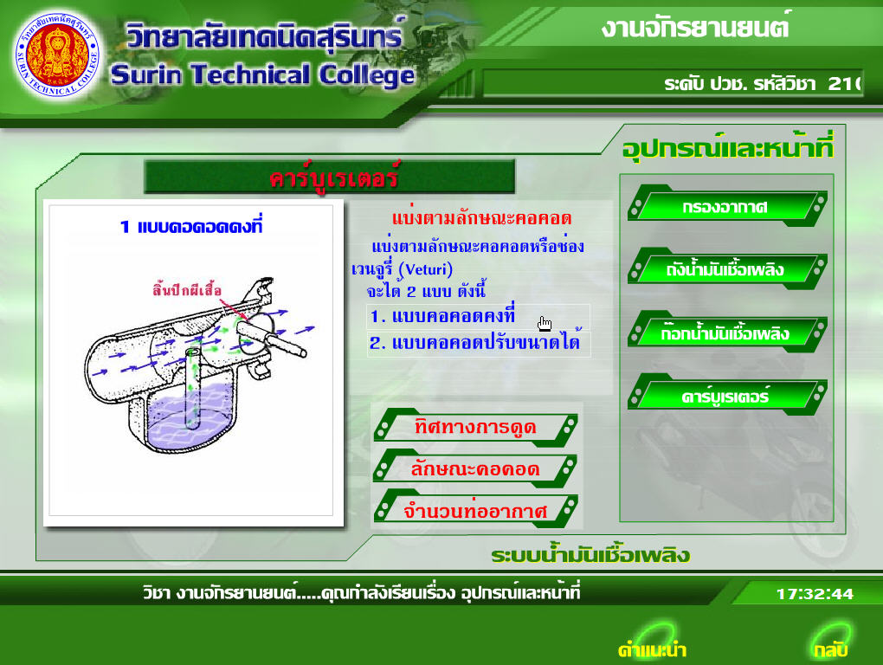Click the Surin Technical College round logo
(x=57, y=55)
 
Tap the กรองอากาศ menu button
(x=726, y=207)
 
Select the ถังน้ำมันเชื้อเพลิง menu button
(x=726, y=269)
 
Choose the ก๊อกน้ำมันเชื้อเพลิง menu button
(x=726, y=332)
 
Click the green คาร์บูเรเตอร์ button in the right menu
(x=726, y=396)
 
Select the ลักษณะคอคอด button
(x=475, y=468)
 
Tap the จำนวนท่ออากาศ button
(x=475, y=510)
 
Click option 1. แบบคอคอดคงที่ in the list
(x=442, y=316)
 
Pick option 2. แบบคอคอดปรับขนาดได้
(x=474, y=342)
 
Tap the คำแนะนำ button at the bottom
(x=652, y=649)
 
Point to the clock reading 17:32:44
(x=815, y=593)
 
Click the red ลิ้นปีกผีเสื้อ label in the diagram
(x=187, y=290)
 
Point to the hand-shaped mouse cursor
(x=545, y=324)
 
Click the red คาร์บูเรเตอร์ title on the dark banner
(x=334, y=178)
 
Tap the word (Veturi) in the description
(x=425, y=269)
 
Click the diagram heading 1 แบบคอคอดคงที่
(x=191, y=226)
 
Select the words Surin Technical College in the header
(x=263, y=74)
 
